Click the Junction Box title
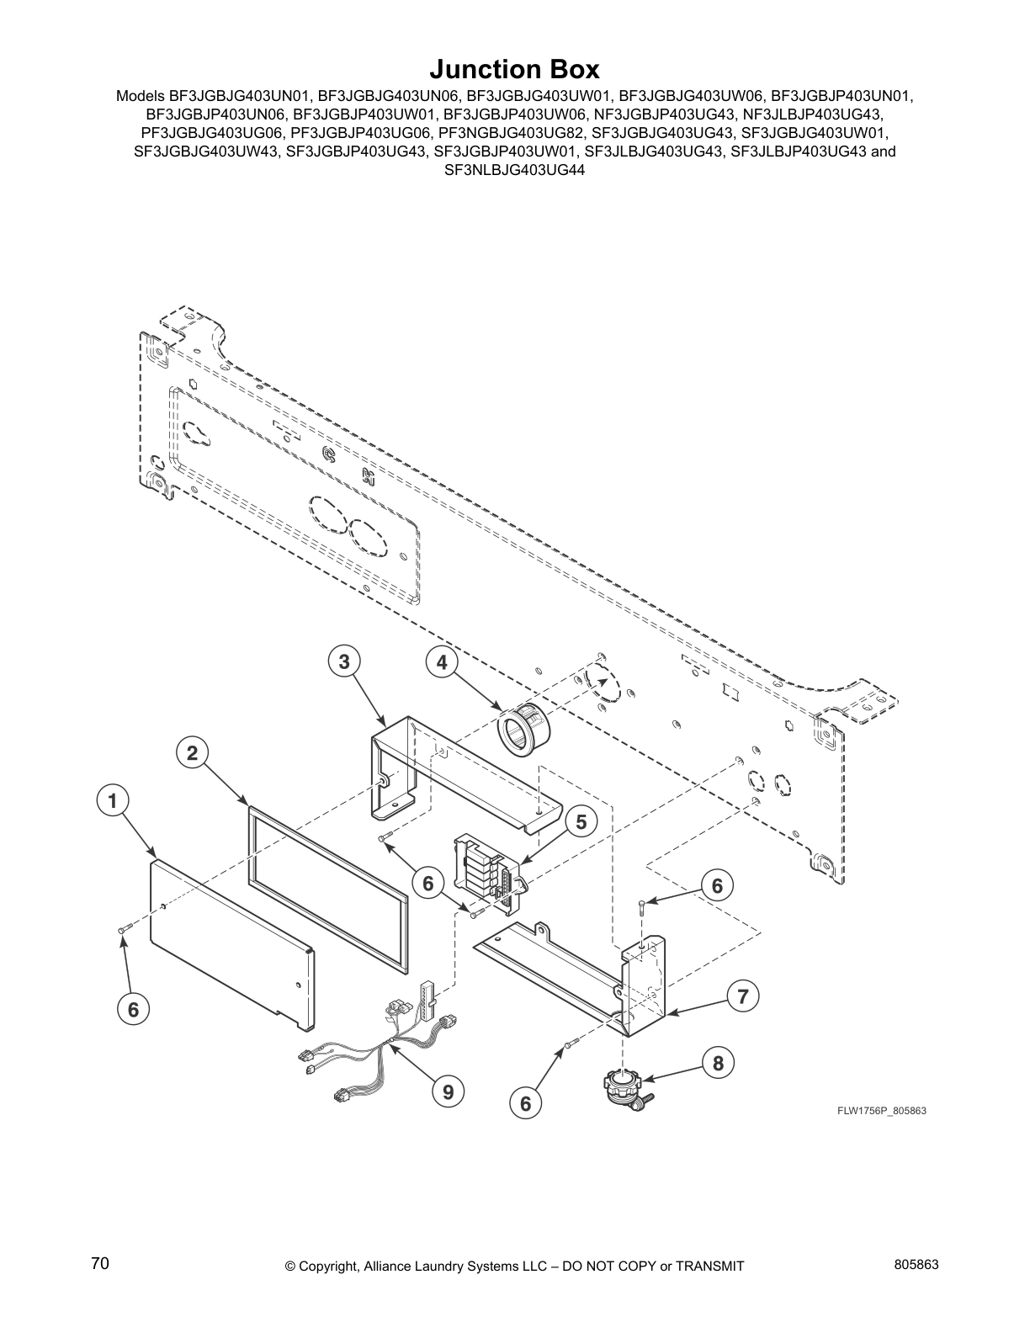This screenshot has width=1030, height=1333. click(514, 68)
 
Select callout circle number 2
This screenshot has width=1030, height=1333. click(193, 753)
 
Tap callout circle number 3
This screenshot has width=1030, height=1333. click(344, 662)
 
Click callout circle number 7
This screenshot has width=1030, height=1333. click(742, 997)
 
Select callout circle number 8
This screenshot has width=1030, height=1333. click(718, 1063)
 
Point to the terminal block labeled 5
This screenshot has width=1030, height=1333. click(484, 871)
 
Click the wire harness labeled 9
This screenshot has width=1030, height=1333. click(379, 1048)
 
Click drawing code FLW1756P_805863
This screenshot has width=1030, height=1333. click(881, 1111)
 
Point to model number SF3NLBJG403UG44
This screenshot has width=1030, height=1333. click(514, 169)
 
